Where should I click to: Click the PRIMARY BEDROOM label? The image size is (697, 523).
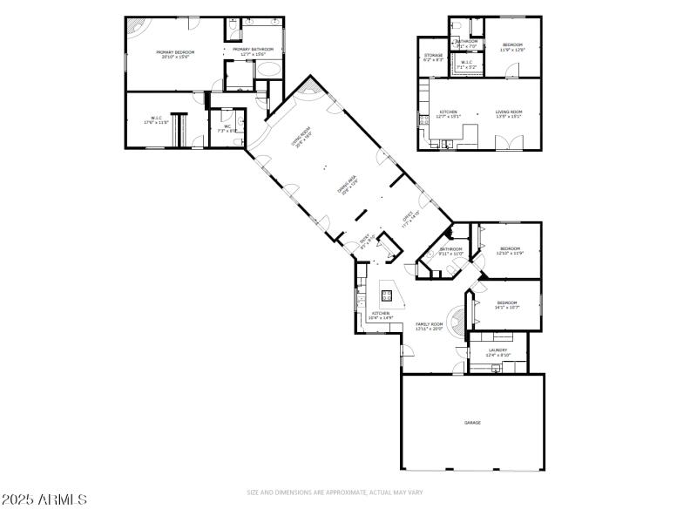(175, 55)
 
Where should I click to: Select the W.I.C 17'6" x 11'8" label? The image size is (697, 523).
(158, 121)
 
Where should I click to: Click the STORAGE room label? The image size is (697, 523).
(433, 58)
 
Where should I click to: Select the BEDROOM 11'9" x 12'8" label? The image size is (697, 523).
(511, 47)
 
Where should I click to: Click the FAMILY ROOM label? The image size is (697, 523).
(429, 326)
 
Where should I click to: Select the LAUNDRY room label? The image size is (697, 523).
(497, 352)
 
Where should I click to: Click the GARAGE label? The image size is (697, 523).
(472, 423)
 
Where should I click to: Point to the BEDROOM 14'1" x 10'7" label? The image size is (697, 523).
(507, 305)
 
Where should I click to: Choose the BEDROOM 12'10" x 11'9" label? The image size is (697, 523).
(509, 251)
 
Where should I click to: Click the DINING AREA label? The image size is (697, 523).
(347, 184)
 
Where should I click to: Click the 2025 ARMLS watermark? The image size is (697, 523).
(44, 499)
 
